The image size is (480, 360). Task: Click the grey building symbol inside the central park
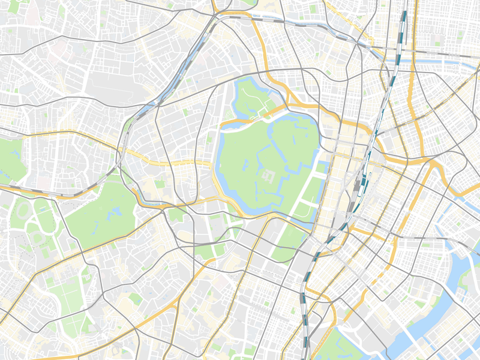point(268,176)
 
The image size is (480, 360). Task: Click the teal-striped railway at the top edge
point(403,24)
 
